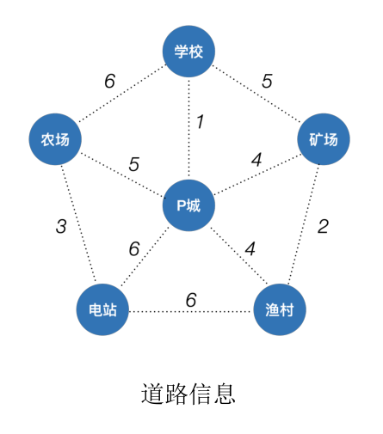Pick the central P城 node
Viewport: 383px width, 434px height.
point(188,205)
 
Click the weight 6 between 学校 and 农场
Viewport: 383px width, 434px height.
point(109,82)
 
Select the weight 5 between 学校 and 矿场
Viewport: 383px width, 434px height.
point(267,82)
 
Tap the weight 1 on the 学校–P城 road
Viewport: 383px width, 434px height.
point(200,122)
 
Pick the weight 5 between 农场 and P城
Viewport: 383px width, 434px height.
point(133,162)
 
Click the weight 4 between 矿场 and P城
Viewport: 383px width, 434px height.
point(256,160)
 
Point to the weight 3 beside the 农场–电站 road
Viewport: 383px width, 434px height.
point(60,227)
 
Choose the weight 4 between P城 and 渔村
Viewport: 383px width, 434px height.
point(250,248)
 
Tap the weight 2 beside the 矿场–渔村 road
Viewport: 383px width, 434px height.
point(323,227)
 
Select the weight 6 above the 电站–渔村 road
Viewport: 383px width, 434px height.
point(191,299)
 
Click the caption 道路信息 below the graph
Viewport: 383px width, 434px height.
point(188,394)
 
